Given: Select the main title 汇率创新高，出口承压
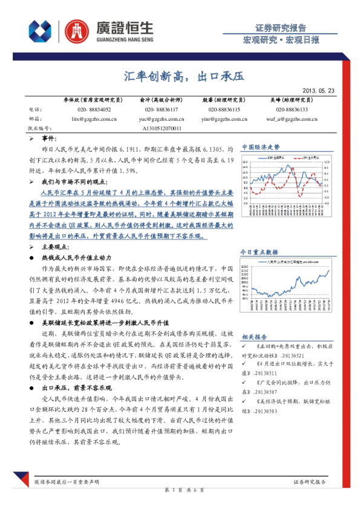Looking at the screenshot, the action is pyautogui.click(x=179, y=76).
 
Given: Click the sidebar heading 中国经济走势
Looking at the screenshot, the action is pyautogui.click(x=261, y=147).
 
